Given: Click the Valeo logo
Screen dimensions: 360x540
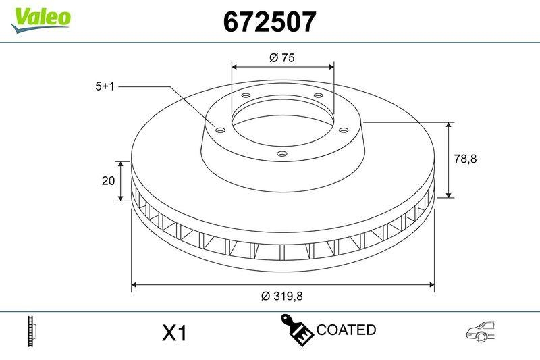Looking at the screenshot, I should click(40, 18).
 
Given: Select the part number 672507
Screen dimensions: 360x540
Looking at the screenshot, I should click(269, 22).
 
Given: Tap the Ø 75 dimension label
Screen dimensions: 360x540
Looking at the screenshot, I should click(281, 58).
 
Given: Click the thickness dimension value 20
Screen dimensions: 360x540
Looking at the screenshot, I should click(106, 180).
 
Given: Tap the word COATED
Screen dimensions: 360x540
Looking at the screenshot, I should click(346, 330).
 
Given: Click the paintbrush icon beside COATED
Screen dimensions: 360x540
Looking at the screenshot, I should click(296, 330).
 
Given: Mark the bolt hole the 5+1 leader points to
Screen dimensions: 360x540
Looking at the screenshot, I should click(220, 130).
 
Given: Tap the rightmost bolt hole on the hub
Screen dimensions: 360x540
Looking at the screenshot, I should click(343, 130).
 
